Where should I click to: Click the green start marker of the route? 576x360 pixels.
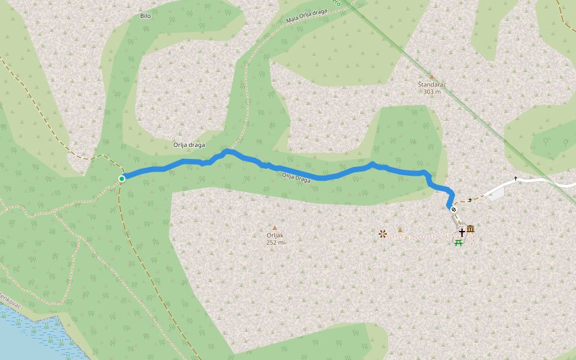pyautogui.click(x=122, y=178)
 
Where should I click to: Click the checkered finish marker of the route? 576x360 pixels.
pyautogui.click(x=454, y=209)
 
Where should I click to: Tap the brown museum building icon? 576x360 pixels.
pyautogui.click(x=470, y=229)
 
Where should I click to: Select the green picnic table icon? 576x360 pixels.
pyautogui.click(x=459, y=242)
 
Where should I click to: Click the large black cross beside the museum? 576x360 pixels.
pyautogui.click(x=461, y=232)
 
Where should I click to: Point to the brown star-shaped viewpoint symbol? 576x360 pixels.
pyautogui.click(x=383, y=234)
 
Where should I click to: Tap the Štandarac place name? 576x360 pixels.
pyautogui.click(x=431, y=85)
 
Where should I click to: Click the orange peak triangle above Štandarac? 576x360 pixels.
pyautogui.click(x=431, y=77)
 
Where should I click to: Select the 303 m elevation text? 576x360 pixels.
pyautogui.click(x=432, y=92)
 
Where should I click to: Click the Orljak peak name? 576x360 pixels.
pyautogui.click(x=275, y=235)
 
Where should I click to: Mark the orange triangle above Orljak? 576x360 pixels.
pyautogui.click(x=275, y=228)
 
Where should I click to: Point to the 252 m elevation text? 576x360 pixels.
pyautogui.click(x=275, y=242)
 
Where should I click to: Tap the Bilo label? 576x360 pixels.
pyautogui.click(x=145, y=16)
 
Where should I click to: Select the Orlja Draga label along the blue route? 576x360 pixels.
pyautogui.click(x=296, y=177)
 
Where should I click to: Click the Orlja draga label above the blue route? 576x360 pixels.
pyautogui.click(x=189, y=145)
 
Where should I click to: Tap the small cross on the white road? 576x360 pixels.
pyautogui.click(x=515, y=179)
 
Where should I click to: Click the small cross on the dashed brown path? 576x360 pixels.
pyautogui.click(x=469, y=200)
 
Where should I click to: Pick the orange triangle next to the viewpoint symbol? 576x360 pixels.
pyautogui.click(x=400, y=230)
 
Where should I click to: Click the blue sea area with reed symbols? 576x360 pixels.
pyautogui.click(x=30, y=336)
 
